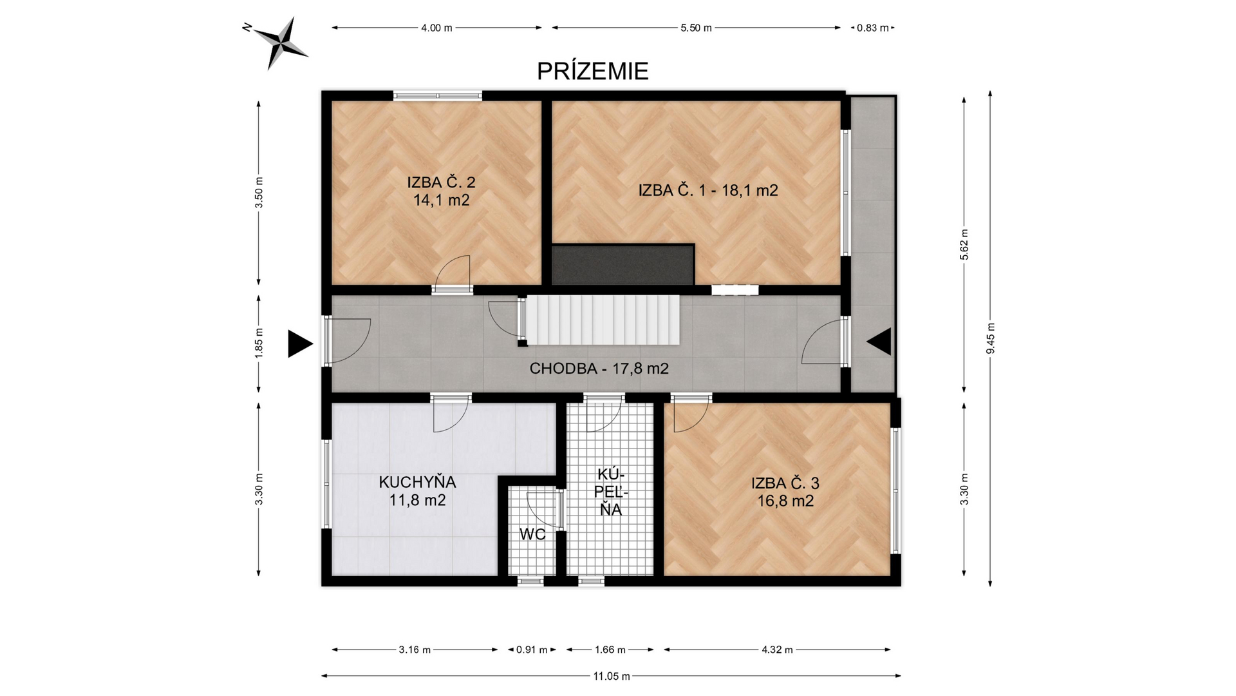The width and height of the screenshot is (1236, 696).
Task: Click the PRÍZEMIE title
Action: [x=593, y=71]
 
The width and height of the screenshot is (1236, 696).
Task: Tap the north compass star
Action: [x=281, y=43]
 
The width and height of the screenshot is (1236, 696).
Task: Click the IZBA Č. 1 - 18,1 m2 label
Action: [x=708, y=190]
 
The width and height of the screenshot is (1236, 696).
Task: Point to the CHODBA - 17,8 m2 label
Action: [x=599, y=369]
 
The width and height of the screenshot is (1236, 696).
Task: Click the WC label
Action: [x=532, y=534]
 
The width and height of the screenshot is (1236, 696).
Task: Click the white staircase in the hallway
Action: [x=603, y=320]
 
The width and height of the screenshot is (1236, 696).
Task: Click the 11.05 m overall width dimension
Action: [x=612, y=676]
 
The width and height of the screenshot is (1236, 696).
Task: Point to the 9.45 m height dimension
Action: [x=991, y=338]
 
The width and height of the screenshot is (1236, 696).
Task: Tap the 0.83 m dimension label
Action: [x=872, y=28]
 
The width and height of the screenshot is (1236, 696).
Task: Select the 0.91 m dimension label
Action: [x=532, y=650]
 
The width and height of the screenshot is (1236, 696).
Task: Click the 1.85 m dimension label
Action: [x=259, y=344]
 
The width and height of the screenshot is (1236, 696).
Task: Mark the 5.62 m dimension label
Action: [x=964, y=245]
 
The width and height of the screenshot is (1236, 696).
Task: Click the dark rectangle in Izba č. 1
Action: [x=623, y=264]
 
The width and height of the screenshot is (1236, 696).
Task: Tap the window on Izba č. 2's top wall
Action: [x=438, y=96]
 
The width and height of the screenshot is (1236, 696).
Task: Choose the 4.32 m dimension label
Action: [x=777, y=650]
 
